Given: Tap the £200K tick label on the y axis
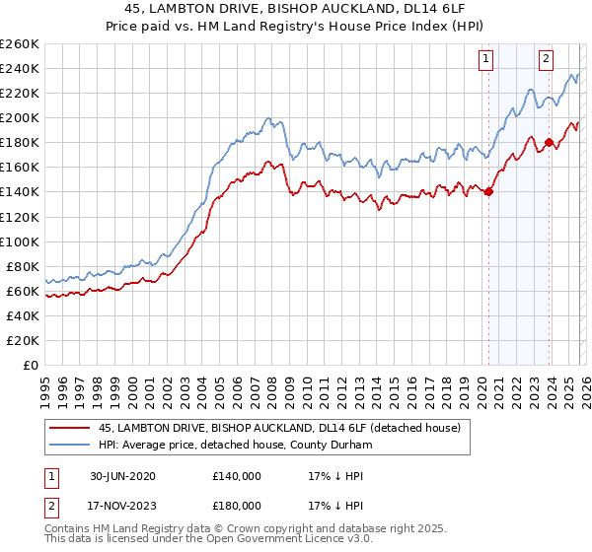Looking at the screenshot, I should [20, 117].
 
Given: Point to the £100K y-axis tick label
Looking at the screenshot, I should [20, 241].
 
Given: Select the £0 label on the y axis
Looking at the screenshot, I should [31, 365].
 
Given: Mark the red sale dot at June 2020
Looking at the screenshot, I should [488, 192].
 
